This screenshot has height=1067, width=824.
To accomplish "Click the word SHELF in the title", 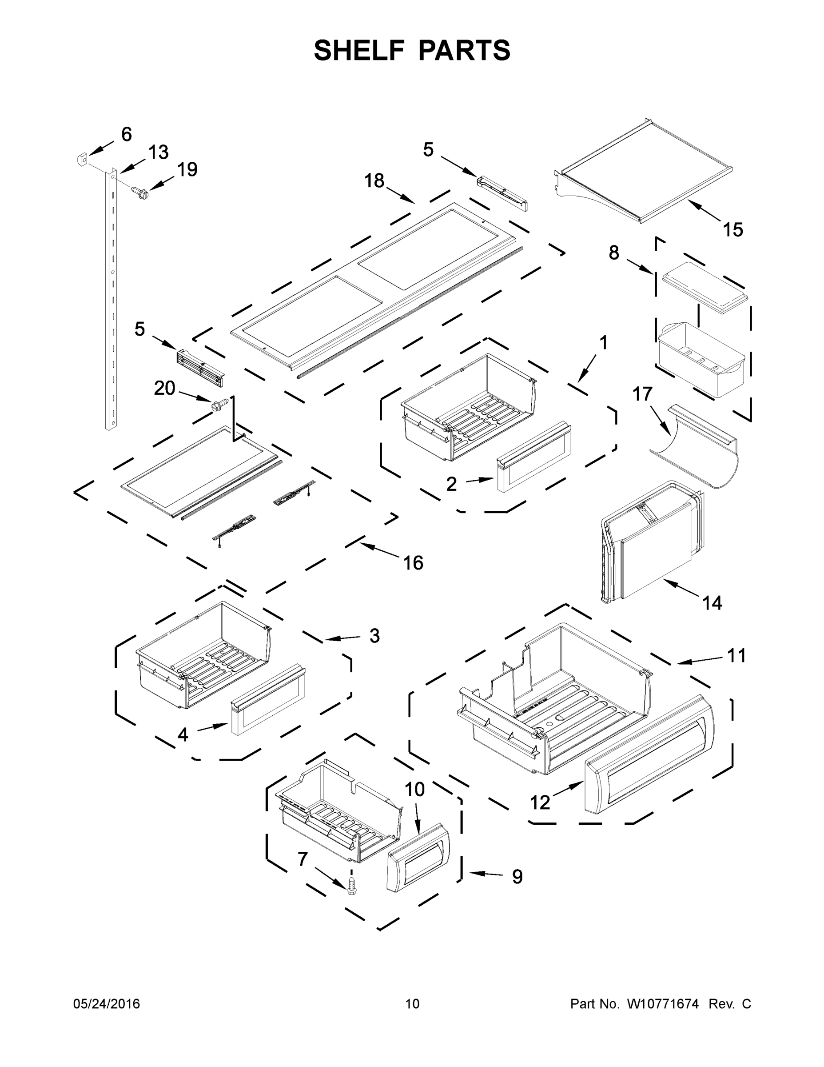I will point(359,50).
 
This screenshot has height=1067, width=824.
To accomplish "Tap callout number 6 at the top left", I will point(127,134).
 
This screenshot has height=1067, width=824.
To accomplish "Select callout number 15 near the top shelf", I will point(732,229).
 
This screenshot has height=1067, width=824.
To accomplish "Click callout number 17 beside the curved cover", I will point(642,394).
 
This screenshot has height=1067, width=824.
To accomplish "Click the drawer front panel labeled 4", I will point(268,706).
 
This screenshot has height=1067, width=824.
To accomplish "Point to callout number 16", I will point(413,563).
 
